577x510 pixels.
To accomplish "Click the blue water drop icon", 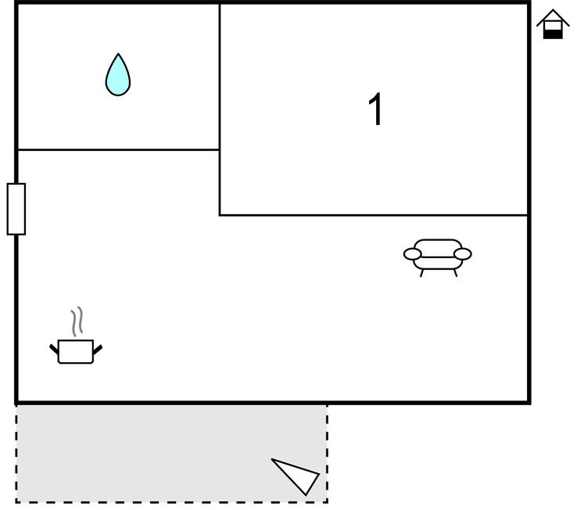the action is [118, 76].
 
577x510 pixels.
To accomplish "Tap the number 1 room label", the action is [376, 109].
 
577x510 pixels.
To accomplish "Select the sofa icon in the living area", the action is [438, 258].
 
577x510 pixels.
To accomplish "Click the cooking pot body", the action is [76, 352].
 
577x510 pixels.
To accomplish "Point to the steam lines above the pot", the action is [77, 321].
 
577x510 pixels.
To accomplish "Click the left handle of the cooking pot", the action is [54, 349].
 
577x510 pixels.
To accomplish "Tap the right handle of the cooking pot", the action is [98, 350].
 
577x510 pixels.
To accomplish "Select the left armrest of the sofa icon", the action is [413, 254].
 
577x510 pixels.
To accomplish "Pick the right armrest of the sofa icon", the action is [463, 254].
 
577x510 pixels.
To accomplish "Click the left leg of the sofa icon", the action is [422, 273].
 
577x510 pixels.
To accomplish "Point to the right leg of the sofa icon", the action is [456, 273].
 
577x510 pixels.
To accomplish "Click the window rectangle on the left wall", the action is [16, 209].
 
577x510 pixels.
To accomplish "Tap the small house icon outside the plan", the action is [553, 24].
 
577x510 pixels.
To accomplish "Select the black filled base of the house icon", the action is [553, 34].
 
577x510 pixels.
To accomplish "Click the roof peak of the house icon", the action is [553, 10].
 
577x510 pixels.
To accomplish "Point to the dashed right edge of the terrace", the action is [327, 454].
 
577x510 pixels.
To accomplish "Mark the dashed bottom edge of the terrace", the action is [171, 501].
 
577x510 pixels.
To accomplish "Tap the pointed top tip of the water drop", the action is [118, 54].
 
